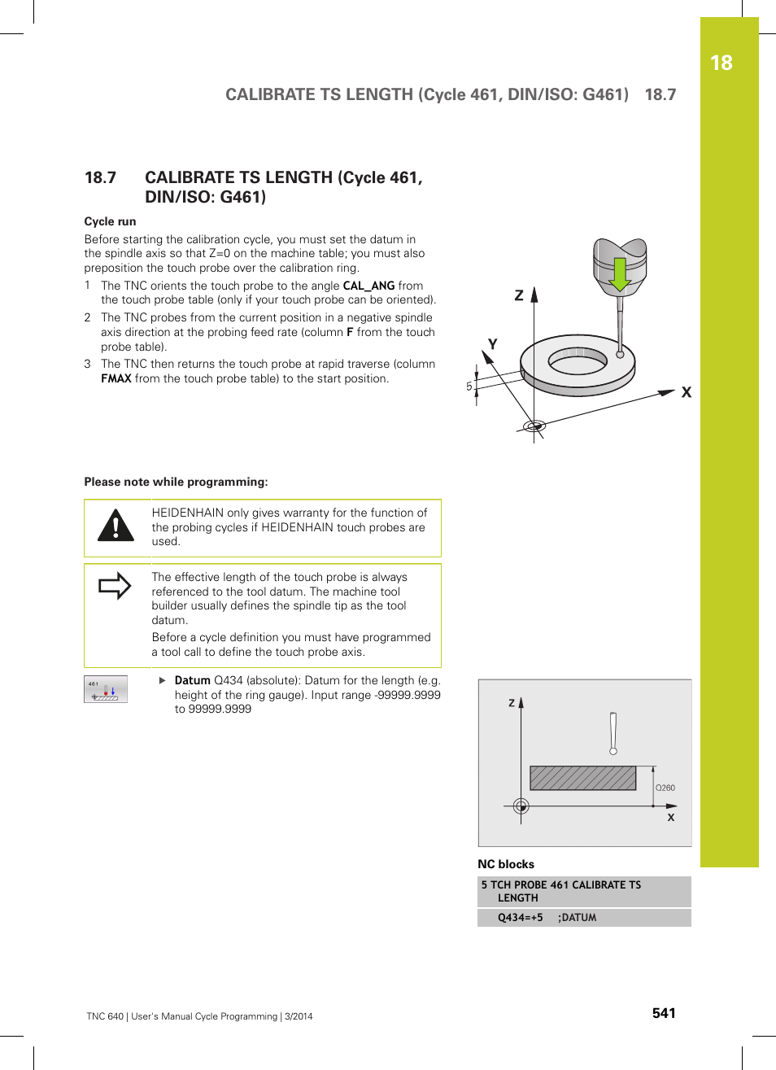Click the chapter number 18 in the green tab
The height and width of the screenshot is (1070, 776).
(x=721, y=63)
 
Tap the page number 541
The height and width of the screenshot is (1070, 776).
(x=664, y=1013)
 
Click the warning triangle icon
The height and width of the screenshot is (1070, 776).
(x=116, y=526)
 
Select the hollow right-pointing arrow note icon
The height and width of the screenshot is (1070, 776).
(x=115, y=586)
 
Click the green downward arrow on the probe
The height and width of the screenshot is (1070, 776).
(x=620, y=274)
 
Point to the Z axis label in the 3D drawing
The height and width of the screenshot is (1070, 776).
(x=519, y=296)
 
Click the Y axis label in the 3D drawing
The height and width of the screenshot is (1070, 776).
(x=492, y=344)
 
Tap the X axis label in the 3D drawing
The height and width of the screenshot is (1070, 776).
(x=687, y=392)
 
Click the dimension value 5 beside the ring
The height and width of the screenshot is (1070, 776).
(x=469, y=387)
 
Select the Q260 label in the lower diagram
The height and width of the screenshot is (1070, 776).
(x=665, y=788)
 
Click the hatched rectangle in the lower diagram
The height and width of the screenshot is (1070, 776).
(x=582, y=778)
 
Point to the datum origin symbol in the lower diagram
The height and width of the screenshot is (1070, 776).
(x=521, y=806)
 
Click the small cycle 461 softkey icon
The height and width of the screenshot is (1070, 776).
(x=106, y=689)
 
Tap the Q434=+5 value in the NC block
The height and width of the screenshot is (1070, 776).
(x=520, y=918)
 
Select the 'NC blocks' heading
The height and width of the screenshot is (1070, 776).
(x=506, y=864)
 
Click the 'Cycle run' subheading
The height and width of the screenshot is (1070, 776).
(x=110, y=221)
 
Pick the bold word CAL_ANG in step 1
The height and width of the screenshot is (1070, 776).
(x=368, y=286)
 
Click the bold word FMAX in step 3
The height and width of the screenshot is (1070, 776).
(x=116, y=378)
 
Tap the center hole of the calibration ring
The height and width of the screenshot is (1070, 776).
(x=578, y=359)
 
